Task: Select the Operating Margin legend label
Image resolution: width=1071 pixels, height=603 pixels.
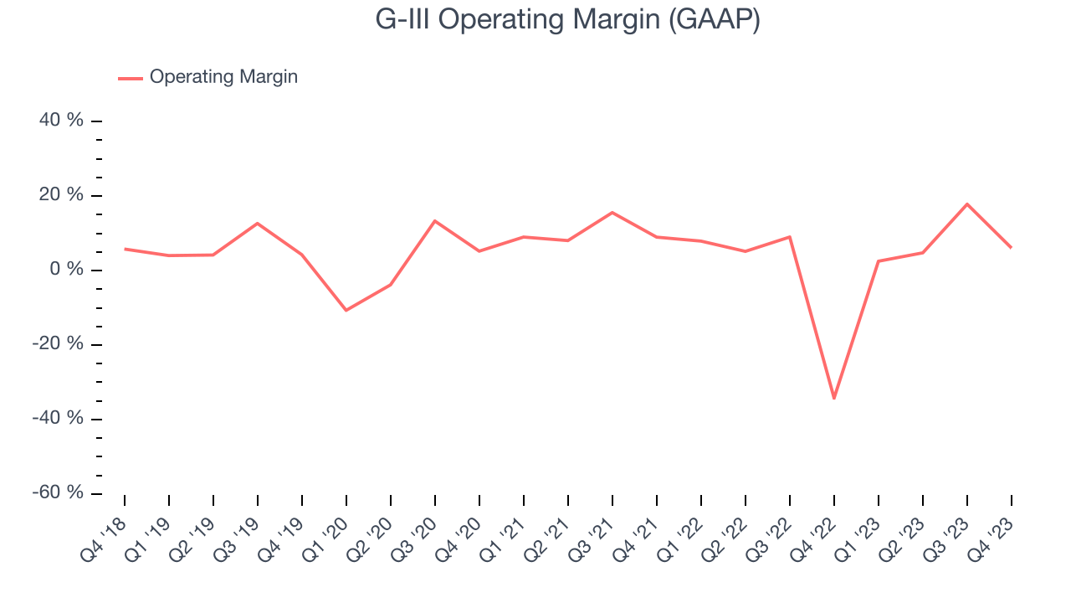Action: (x=223, y=77)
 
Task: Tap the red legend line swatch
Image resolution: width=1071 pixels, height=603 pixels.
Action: (x=131, y=78)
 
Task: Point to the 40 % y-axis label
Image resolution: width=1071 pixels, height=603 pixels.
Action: (x=62, y=121)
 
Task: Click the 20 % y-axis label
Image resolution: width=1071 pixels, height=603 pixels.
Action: (x=62, y=195)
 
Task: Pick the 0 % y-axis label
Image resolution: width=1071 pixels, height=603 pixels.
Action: (x=67, y=270)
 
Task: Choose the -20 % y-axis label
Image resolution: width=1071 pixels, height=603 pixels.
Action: (x=59, y=344)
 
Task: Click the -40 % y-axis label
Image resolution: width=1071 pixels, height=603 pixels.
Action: (x=59, y=418)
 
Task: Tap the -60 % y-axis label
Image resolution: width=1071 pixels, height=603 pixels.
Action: (x=59, y=492)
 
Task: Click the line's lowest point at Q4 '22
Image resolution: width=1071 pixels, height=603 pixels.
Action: (x=834, y=398)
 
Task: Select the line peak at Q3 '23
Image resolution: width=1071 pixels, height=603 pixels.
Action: (x=967, y=204)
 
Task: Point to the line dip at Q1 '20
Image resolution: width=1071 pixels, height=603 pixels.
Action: (x=346, y=311)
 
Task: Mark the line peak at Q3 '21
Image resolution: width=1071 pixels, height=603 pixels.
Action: (x=612, y=212)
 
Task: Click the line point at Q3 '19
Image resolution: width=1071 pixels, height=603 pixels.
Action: (x=258, y=223)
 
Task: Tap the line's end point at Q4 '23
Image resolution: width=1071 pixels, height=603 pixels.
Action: (x=1011, y=247)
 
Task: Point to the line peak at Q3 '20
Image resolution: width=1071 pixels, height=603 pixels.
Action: (x=435, y=220)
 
